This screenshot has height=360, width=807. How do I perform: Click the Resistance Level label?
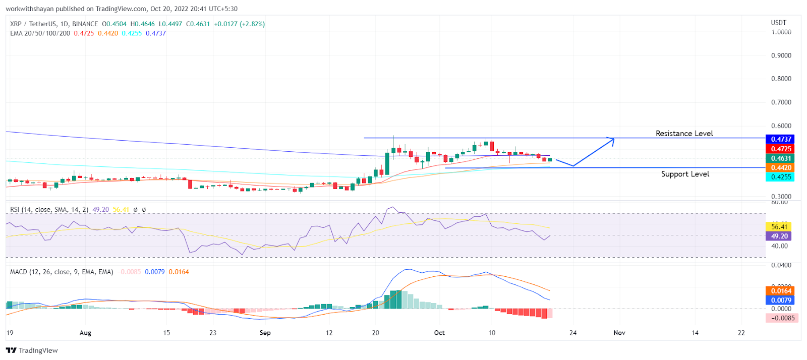click(x=684, y=134)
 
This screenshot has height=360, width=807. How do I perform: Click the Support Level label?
click(x=685, y=174)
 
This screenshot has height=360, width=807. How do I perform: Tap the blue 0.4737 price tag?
click(x=781, y=139)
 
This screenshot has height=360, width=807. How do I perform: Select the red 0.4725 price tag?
click(x=781, y=149)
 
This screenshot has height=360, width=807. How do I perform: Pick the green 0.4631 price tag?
click(x=781, y=158)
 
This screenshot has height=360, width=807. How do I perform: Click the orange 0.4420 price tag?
click(x=781, y=168)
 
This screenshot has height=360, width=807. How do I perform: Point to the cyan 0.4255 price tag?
click(x=781, y=177)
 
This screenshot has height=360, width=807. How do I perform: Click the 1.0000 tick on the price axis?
click(x=781, y=32)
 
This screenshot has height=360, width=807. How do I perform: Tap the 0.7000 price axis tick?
click(x=781, y=102)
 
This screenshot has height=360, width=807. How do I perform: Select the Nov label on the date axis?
click(x=619, y=333)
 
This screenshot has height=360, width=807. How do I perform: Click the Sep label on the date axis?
click(x=265, y=333)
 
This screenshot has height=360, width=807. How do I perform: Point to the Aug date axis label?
click(x=85, y=333)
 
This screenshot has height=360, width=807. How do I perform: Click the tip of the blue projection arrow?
click(x=613, y=139)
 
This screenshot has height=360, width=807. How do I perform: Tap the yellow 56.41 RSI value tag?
click(x=779, y=227)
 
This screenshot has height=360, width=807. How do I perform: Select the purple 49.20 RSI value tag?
click(x=779, y=236)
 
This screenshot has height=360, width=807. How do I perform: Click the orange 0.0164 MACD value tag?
click(x=781, y=291)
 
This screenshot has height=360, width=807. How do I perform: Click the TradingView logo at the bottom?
click(x=32, y=350)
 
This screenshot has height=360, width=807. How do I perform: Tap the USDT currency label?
click(x=778, y=23)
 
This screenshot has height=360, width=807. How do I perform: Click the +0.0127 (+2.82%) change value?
click(x=239, y=24)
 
